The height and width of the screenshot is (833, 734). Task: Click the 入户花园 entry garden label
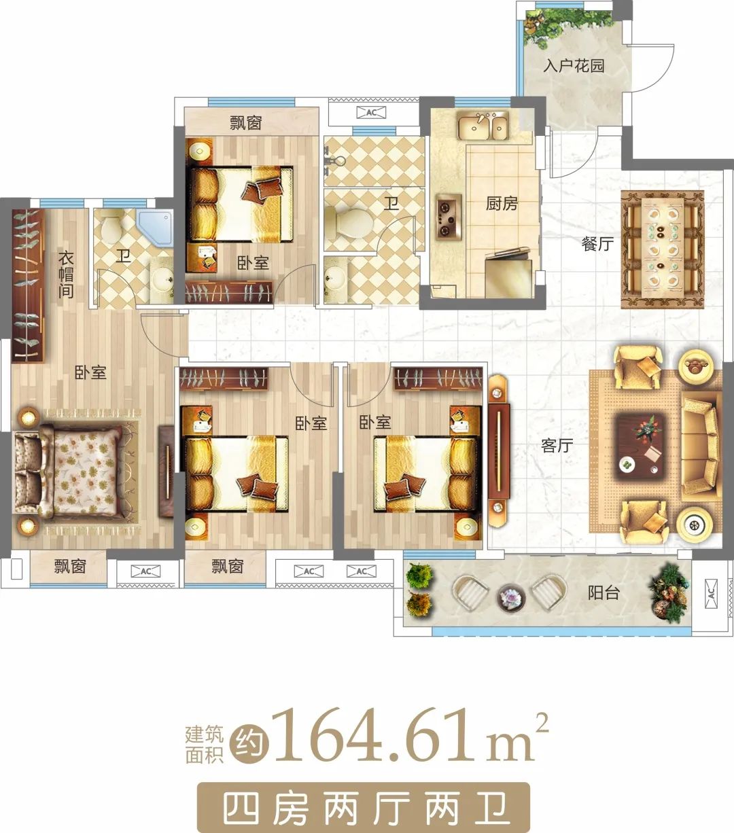tap(574, 66)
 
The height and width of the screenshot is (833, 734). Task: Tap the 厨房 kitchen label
tap(502, 204)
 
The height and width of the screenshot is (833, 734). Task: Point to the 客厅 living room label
tap(557, 445)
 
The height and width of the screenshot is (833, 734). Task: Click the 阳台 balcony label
tap(604, 592)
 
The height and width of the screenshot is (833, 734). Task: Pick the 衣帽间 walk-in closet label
tap(66, 274)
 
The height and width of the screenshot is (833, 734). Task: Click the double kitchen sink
tap(483, 126)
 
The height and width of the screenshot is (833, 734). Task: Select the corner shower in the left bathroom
tap(154, 228)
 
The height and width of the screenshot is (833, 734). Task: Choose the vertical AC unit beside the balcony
tap(712, 593)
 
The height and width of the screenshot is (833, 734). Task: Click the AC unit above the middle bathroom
tap(371, 112)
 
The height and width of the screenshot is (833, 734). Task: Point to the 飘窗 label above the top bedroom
tap(246, 122)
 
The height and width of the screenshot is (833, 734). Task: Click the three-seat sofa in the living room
tap(701, 446)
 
